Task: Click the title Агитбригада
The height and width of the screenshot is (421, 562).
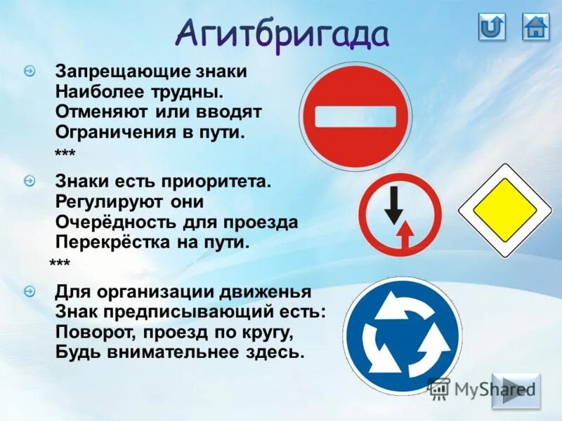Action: point(282,34)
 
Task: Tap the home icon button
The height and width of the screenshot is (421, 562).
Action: point(535,27)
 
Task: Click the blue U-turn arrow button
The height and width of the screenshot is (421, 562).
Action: point(492,27)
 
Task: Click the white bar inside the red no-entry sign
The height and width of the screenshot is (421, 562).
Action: point(355,116)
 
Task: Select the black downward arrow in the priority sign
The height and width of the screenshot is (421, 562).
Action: point(393,203)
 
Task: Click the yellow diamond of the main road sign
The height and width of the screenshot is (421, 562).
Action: point(504,210)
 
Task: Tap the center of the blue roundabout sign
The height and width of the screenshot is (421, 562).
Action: point(402,335)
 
